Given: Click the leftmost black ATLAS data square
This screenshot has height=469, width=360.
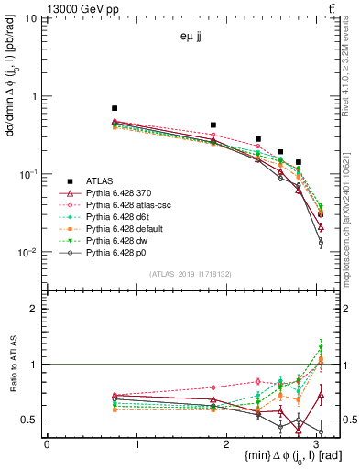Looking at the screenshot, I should coord(115,108).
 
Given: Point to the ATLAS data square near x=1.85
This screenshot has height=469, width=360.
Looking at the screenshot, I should coord(213,125).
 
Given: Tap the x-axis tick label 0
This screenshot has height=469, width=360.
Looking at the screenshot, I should coord(47,444).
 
